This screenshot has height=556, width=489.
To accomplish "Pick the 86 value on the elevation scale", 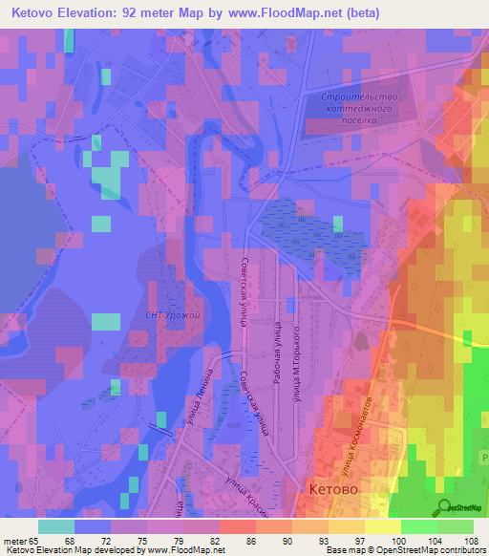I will pos(250,541).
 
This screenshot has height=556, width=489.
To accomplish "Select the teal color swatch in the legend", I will pos(56,526).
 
